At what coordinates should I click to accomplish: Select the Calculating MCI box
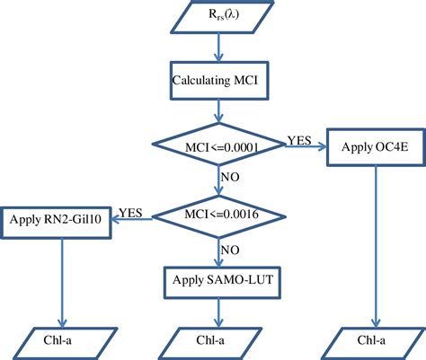[x=217, y=79]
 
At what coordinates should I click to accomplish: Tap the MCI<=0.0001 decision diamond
[x=217, y=146]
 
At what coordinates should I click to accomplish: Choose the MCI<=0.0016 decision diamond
[x=217, y=215]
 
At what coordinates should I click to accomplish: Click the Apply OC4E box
[x=377, y=145]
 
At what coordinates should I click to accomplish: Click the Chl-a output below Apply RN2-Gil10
[x=60, y=340]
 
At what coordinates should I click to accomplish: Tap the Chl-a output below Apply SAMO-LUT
[x=217, y=340]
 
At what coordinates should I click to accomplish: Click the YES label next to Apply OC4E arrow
[x=300, y=139]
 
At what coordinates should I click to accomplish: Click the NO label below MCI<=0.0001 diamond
[x=231, y=179]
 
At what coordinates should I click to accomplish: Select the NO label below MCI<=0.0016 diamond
[x=231, y=249]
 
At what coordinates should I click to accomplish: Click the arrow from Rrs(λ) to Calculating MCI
[x=217, y=47]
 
